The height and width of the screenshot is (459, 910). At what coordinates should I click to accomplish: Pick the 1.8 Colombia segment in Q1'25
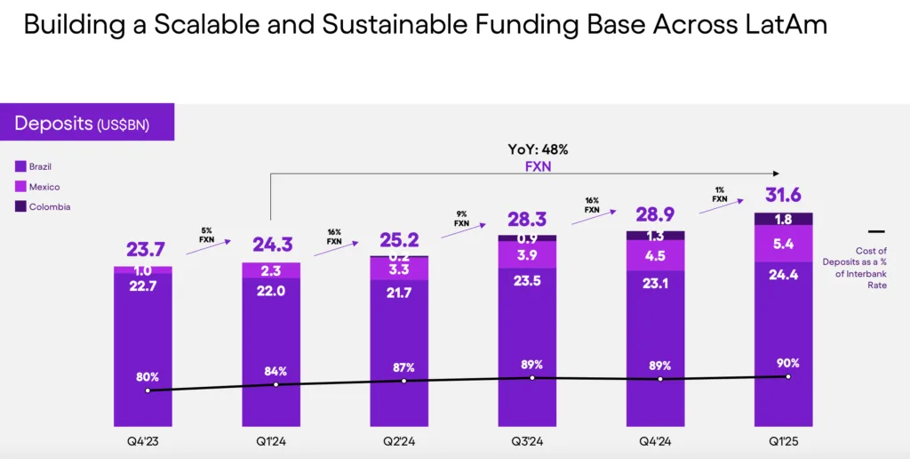(783, 219)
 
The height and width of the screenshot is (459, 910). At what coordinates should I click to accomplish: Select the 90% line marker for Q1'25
(788, 376)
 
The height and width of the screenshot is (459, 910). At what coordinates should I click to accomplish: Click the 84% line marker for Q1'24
(276, 384)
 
